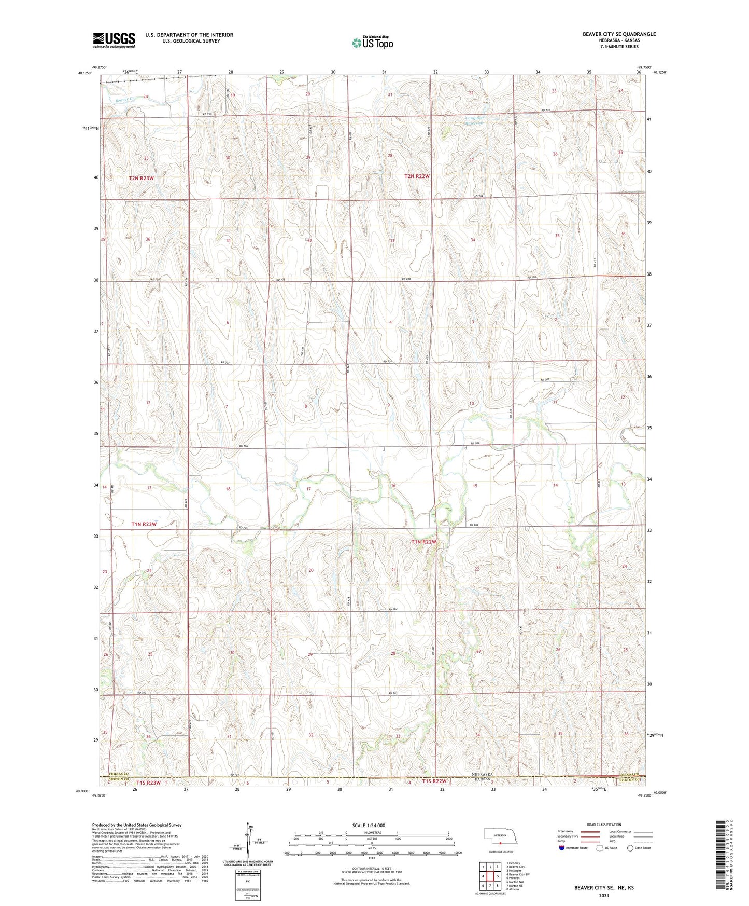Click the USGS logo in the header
[114, 40]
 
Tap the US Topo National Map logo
[372, 43]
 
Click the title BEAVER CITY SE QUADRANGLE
[619, 34]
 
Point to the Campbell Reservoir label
[474, 120]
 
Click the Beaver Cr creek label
[125, 99]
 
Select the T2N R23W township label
[142, 178]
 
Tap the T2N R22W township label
[417, 176]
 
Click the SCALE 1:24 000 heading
[368, 825]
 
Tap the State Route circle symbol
[630, 848]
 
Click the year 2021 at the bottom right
[603, 895]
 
